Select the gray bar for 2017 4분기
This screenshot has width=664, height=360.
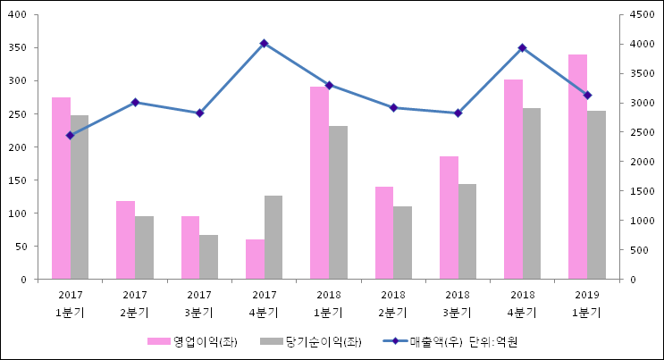(x=273, y=237)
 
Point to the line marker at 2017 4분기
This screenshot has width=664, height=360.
(x=264, y=43)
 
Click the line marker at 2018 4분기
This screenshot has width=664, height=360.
(x=522, y=47)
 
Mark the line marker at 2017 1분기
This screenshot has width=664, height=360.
(x=70, y=136)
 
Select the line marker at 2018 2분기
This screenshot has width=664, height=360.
(x=393, y=107)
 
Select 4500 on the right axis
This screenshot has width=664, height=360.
(x=643, y=14)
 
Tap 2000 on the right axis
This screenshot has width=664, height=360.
(x=643, y=162)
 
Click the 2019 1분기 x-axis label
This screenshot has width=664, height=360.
(x=586, y=303)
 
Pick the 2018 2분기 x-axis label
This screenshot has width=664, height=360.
(x=393, y=303)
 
